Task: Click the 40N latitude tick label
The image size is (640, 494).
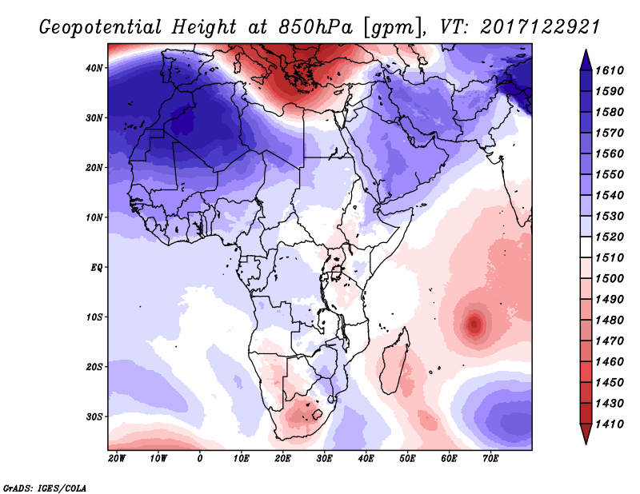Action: pyautogui.click(x=94, y=68)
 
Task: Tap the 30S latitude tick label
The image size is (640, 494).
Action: pyautogui.click(x=94, y=416)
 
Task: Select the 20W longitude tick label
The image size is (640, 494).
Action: pyautogui.click(x=116, y=459)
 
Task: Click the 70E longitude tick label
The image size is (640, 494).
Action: pyautogui.click(x=490, y=459)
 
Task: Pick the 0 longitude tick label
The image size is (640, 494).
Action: pyautogui.click(x=200, y=459)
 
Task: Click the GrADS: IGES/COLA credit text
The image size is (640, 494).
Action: pyautogui.click(x=44, y=487)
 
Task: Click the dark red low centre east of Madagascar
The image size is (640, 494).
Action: pyautogui.click(x=474, y=325)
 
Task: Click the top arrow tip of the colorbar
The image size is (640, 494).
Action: pyautogui.click(x=586, y=54)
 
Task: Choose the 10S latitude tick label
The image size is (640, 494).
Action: pyautogui.click(x=94, y=317)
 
